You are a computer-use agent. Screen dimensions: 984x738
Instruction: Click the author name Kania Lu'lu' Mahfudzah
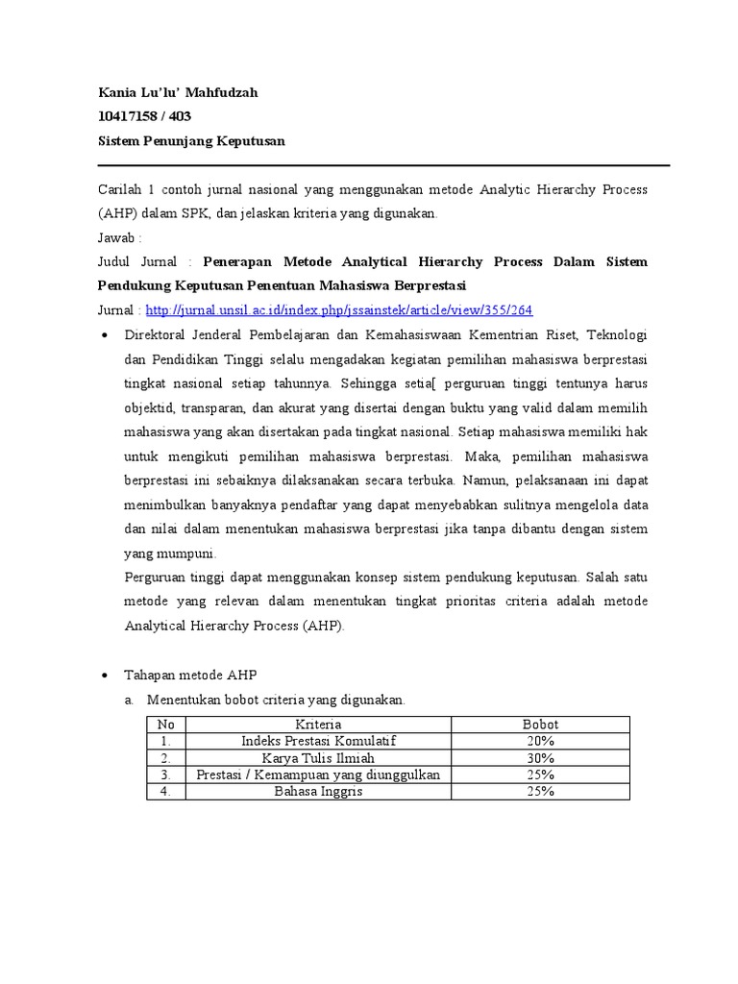click(x=178, y=92)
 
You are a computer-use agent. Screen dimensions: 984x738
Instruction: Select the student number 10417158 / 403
click(x=144, y=116)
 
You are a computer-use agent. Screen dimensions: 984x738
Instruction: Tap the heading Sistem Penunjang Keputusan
click(x=191, y=141)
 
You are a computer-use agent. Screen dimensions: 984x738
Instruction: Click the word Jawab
click(x=119, y=237)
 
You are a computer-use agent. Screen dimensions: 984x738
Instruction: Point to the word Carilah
click(x=120, y=190)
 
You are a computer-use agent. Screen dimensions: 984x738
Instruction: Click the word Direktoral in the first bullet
click(x=157, y=334)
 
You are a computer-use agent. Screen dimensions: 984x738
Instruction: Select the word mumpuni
click(x=184, y=553)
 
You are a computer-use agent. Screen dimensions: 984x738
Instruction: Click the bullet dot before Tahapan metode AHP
click(x=104, y=676)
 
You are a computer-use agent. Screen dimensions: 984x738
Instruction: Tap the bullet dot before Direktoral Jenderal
click(x=104, y=335)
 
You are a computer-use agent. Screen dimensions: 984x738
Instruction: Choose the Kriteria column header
click(x=318, y=724)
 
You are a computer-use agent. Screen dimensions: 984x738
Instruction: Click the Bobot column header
click(x=540, y=724)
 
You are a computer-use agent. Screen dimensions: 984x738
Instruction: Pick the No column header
click(x=166, y=724)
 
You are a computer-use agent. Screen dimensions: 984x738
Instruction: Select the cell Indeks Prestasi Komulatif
click(x=318, y=741)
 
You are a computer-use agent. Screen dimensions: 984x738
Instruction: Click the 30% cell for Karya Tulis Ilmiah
click(x=540, y=758)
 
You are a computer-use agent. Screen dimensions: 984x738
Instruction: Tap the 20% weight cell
click(x=540, y=741)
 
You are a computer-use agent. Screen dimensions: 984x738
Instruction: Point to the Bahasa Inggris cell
click(x=318, y=791)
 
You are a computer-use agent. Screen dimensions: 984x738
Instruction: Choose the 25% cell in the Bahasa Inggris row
click(x=540, y=791)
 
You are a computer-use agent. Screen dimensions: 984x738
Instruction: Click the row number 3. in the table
click(x=166, y=775)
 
